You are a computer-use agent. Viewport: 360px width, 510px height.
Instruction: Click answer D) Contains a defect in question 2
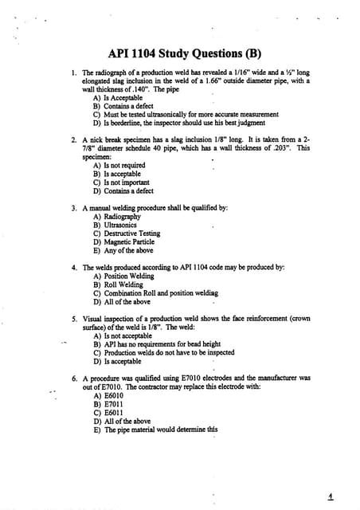pyautogui.click(x=123, y=191)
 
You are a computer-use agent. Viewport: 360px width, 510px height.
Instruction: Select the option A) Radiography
pyautogui.click(x=117, y=217)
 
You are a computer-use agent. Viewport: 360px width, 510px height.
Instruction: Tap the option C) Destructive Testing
pyautogui.click(x=127, y=233)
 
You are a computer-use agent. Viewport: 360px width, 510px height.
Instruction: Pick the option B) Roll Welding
pyautogui.click(x=118, y=284)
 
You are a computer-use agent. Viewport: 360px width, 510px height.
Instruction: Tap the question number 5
pyautogui.click(x=73, y=319)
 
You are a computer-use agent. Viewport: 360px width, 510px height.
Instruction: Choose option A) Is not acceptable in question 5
pyautogui.click(x=122, y=335)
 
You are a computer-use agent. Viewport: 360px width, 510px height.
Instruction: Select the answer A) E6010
pyautogui.click(x=109, y=395)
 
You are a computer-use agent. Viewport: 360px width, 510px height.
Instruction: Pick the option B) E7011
pyautogui.click(x=109, y=404)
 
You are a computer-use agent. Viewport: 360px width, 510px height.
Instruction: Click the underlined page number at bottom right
pyautogui.click(x=331, y=495)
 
